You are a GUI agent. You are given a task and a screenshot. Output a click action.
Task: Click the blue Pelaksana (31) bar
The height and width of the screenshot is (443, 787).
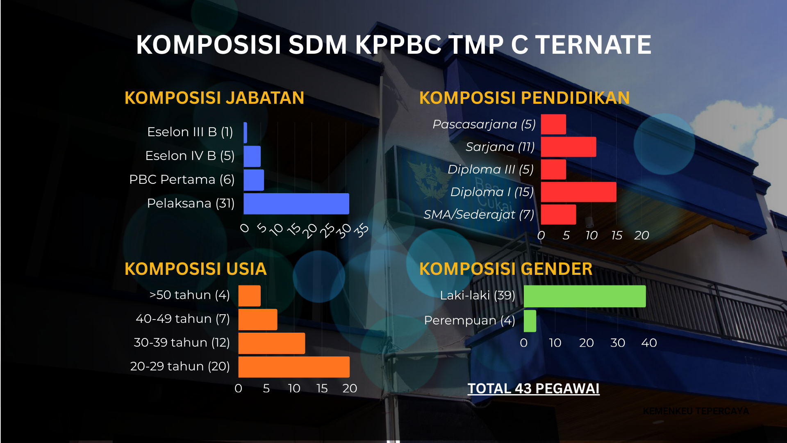(x=296, y=204)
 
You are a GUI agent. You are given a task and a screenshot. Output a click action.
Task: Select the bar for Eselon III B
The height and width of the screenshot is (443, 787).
(x=245, y=132)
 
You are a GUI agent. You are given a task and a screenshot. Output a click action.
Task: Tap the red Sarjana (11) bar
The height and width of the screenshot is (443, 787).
(x=568, y=147)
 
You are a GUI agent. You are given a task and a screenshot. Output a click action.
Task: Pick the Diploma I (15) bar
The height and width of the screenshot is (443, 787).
(x=578, y=192)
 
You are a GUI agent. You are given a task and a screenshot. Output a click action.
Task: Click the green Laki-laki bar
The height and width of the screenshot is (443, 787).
(x=585, y=296)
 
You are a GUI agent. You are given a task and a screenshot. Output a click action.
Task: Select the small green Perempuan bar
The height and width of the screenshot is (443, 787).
(x=530, y=321)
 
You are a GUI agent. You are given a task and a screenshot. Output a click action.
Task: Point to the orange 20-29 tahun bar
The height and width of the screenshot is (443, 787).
(x=293, y=367)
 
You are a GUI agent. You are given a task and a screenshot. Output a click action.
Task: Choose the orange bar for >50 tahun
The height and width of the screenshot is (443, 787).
(x=249, y=296)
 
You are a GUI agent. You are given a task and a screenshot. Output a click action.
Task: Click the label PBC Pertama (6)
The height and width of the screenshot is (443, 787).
(x=182, y=180)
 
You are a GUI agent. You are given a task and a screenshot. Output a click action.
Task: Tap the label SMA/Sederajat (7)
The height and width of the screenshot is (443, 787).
(x=479, y=215)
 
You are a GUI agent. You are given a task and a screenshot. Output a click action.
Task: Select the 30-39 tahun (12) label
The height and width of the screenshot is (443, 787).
(x=182, y=343)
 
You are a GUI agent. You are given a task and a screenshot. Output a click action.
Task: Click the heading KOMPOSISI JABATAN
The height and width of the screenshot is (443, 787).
(x=214, y=98)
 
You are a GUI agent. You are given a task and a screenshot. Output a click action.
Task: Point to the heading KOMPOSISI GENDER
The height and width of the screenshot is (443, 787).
(x=505, y=269)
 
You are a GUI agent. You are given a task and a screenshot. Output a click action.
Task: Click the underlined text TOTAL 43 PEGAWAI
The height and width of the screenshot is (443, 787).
(x=533, y=388)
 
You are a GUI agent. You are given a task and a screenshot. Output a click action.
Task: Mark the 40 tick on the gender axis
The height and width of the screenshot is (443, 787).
(x=649, y=343)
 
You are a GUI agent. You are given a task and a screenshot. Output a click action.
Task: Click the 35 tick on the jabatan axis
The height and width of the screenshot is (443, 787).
(x=361, y=231)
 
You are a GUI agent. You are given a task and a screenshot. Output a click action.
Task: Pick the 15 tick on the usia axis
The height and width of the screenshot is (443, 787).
(x=322, y=388)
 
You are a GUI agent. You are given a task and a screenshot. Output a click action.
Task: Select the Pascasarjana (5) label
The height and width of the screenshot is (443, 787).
(x=484, y=124)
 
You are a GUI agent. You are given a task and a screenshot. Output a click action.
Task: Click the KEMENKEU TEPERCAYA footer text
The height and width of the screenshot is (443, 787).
(x=696, y=411)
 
